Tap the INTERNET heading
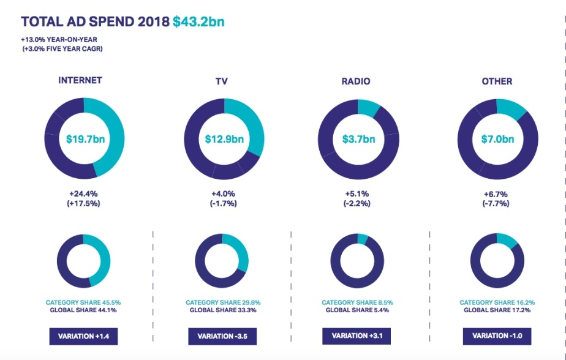click(x=80, y=81)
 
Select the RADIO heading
click(x=357, y=81)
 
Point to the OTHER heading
click(x=497, y=81)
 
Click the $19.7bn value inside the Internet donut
click(x=85, y=139)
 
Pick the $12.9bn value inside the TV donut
click(x=224, y=139)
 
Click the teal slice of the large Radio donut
click(x=368, y=107)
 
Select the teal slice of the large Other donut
click(x=512, y=109)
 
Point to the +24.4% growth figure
click(x=85, y=194)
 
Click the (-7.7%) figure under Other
click(x=497, y=203)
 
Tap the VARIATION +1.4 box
click(x=84, y=336)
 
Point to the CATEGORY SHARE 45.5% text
click(x=83, y=302)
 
